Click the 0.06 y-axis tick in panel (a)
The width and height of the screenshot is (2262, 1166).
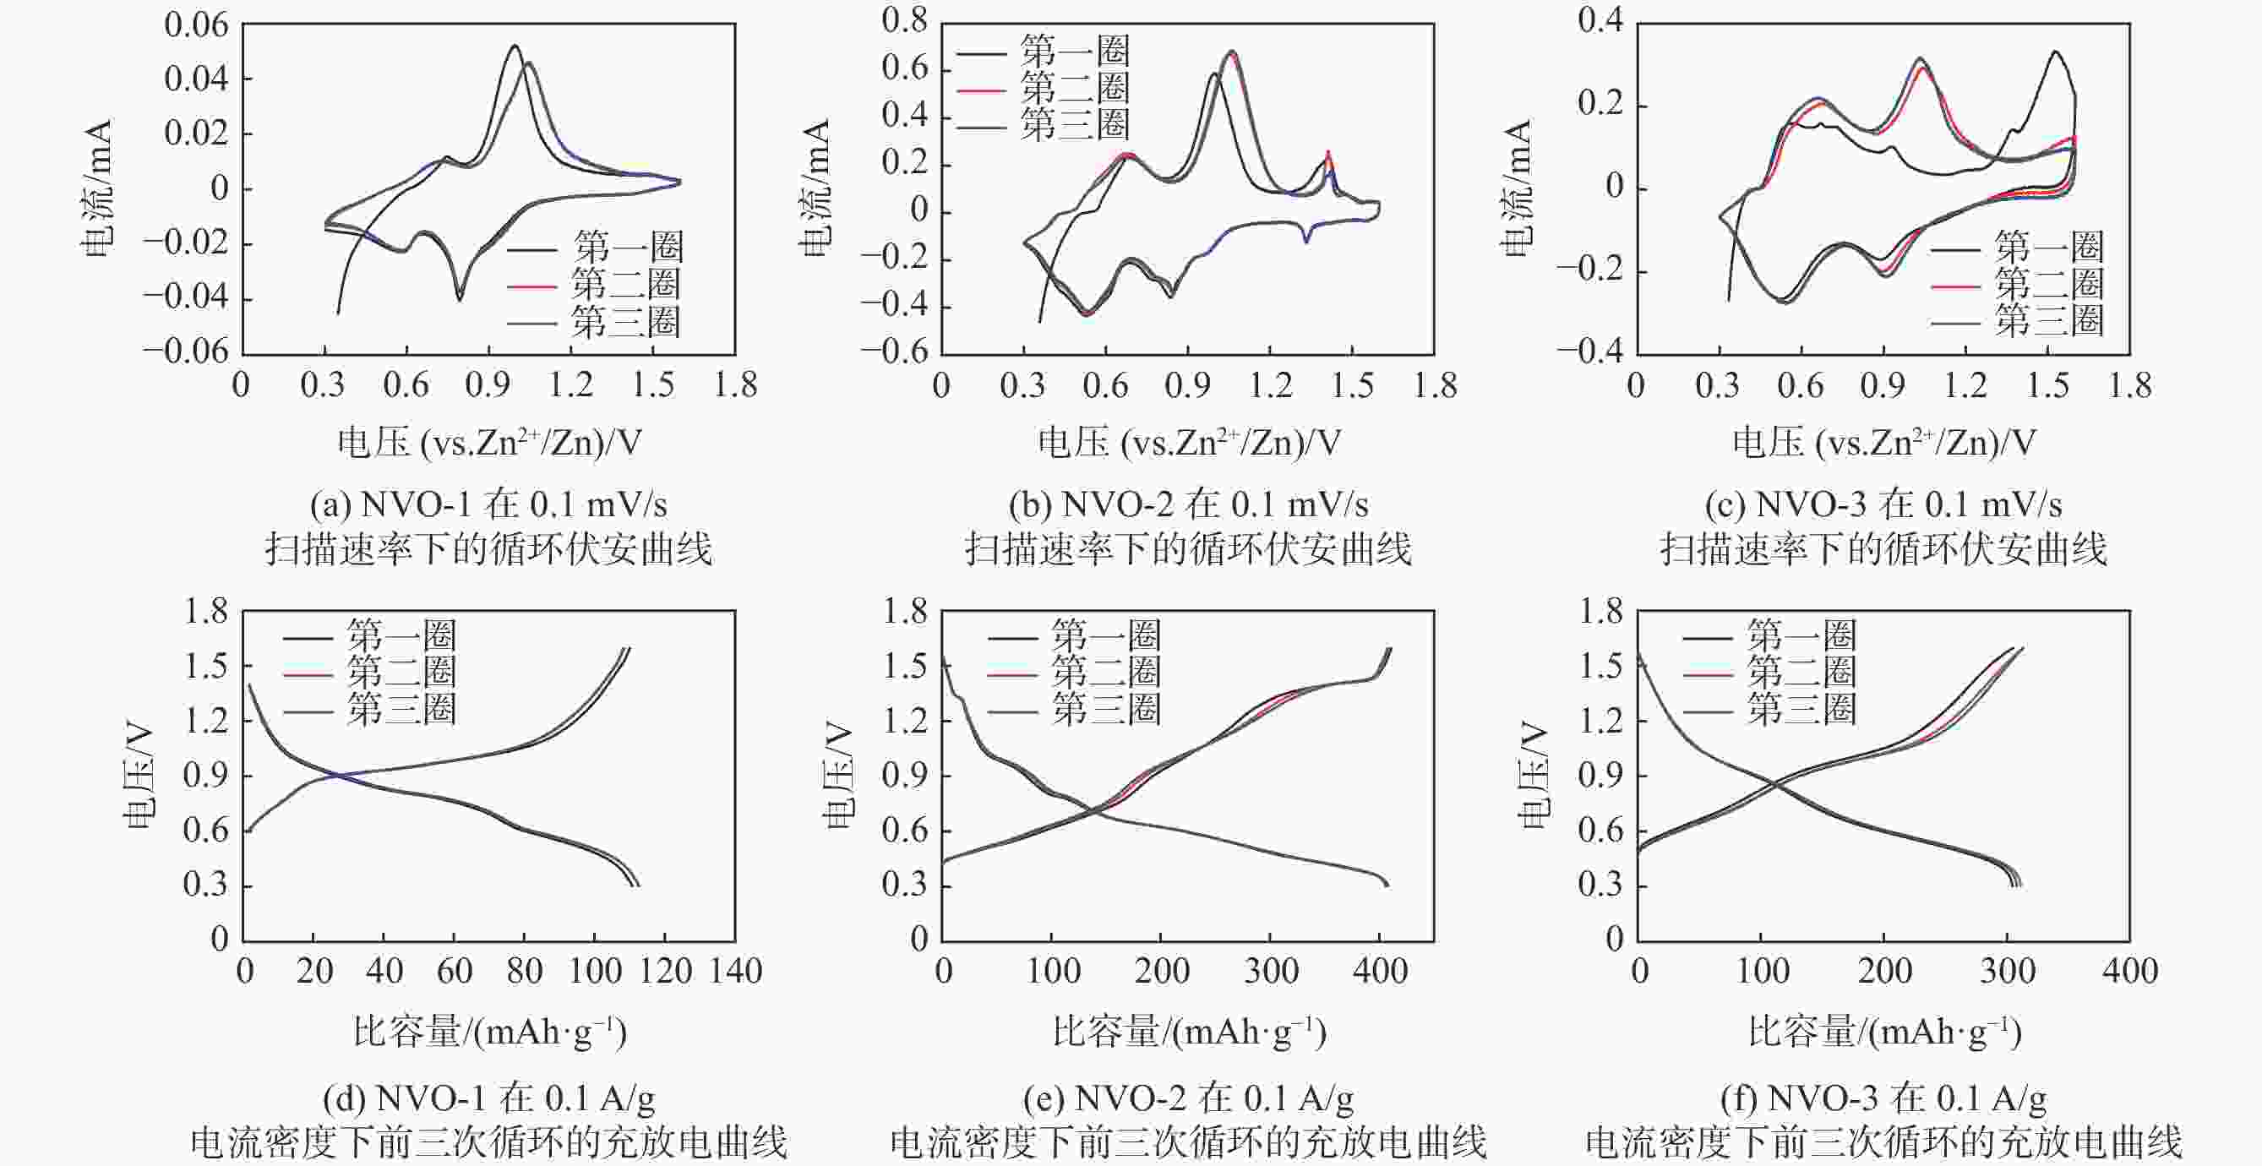(x=196, y=25)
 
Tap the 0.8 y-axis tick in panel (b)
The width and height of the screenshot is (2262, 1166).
(x=905, y=21)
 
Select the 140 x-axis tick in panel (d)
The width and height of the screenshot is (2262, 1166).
(x=735, y=971)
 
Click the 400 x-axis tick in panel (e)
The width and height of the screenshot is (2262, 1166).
(x=1381, y=971)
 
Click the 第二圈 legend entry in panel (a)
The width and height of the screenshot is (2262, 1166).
(x=625, y=285)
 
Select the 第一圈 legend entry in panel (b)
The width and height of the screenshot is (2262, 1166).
(x=1074, y=51)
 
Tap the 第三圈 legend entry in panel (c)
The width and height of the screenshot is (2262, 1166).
(x=2048, y=321)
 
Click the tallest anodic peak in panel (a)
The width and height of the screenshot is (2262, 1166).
(x=515, y=46)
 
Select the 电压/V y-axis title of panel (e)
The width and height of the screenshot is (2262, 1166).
(x=837, y=775)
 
